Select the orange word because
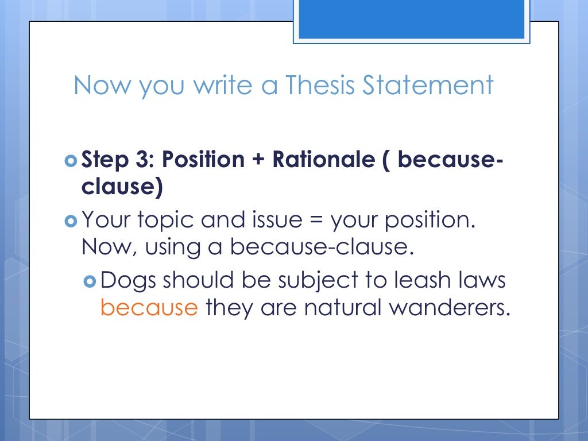tap(149, 308)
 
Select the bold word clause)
tap(121, 187)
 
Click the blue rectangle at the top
tap(411, 20)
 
